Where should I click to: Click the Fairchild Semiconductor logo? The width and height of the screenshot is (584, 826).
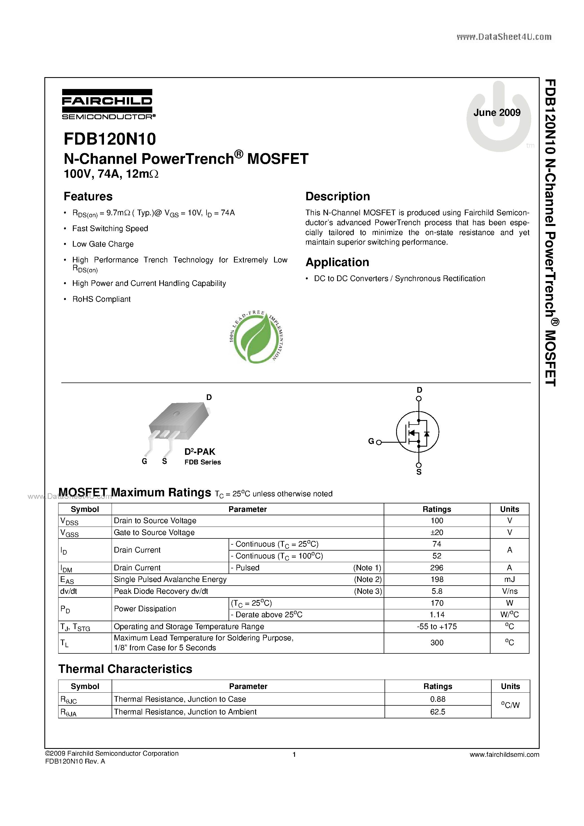[x=108, y=104]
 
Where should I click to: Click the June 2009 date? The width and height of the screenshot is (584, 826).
[x=497, y=113]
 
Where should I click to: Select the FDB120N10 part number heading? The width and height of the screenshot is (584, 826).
[x=110, y=139]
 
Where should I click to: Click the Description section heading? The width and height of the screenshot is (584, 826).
[x=338, y=196]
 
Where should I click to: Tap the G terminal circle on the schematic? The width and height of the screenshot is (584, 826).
[x=379, y=442]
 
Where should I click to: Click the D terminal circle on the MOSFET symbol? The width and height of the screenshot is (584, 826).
[x=418, y=399]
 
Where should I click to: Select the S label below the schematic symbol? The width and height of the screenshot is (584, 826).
[x=419, y=472]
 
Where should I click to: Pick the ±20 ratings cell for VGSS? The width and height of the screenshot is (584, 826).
[x=437, y=532]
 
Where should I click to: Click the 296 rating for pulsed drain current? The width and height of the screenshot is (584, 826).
[x=437, y=568]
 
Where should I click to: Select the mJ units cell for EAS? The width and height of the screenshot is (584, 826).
[x=509, y=580]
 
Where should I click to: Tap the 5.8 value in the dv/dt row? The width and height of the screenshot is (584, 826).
[x=437, y=592]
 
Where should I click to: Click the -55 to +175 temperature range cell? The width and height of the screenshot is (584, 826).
[x=437, y=627]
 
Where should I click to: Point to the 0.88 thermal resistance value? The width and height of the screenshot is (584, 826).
[x=438, y=699]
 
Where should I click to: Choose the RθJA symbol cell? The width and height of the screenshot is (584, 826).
[x=68, y=712]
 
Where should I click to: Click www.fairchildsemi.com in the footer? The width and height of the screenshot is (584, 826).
[x=504, y=755]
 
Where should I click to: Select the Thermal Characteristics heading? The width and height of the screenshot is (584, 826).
[x=125, y=669]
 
